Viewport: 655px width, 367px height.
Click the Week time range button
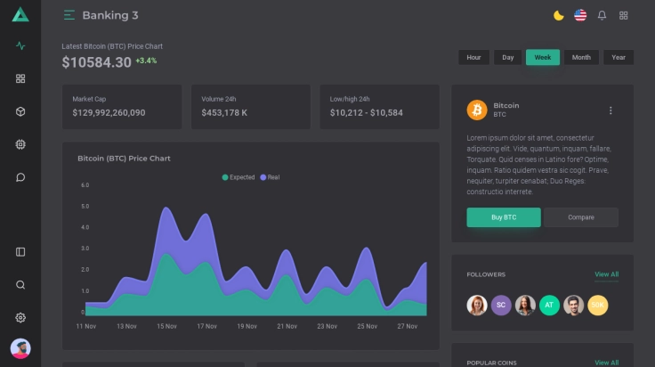click(542, 57)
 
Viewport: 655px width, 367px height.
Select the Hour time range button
click(473, 57)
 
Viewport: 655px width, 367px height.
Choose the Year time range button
click(619, 57)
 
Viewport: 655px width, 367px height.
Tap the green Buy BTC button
click(503, 217)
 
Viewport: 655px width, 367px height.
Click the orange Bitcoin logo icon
click(476, 110)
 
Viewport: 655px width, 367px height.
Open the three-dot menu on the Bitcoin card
click(611, 110)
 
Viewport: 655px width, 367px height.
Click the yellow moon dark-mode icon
click(558, 15)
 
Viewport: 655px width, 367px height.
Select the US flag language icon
click(580, 15)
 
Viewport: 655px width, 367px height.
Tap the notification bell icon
click(602, 15)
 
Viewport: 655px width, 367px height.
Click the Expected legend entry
click(239, 177)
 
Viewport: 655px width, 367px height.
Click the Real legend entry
click(270, 177)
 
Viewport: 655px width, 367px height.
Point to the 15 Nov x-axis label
click(166, 326)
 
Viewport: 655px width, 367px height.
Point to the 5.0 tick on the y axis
click(85, 206)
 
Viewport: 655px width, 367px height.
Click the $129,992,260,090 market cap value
click(109, 113)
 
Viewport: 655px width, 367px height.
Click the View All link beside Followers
click(606, 274)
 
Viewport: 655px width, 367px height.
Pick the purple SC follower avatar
click(501, 305)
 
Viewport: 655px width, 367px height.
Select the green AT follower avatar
click(549, 305)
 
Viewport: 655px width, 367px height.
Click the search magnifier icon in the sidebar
click(20, 285)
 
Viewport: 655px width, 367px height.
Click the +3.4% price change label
click(146, 61)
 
